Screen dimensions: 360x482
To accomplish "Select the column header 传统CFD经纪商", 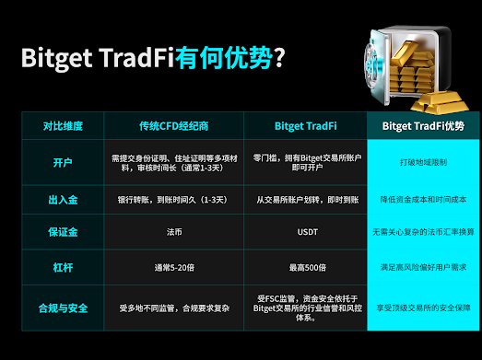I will pos(175,124).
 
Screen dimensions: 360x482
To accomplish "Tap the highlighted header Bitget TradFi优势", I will pos(423,124).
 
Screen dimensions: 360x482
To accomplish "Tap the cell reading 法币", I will pos(175,232).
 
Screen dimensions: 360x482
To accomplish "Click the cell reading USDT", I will pos(305,232).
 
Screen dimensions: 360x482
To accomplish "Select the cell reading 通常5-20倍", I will pos(175,266).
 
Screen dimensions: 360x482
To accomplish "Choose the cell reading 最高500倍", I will pos(305,266).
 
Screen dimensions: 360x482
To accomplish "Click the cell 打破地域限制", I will pos(423,162).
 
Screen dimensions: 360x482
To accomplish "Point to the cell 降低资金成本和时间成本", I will pos(423,198).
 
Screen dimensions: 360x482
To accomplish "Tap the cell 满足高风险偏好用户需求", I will pos(423,266).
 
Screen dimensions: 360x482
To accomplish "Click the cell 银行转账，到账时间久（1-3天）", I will pos(175,198).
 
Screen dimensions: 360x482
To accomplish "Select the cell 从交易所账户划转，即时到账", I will pos(305,198).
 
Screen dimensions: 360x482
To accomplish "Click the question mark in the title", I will pos(278,58).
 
